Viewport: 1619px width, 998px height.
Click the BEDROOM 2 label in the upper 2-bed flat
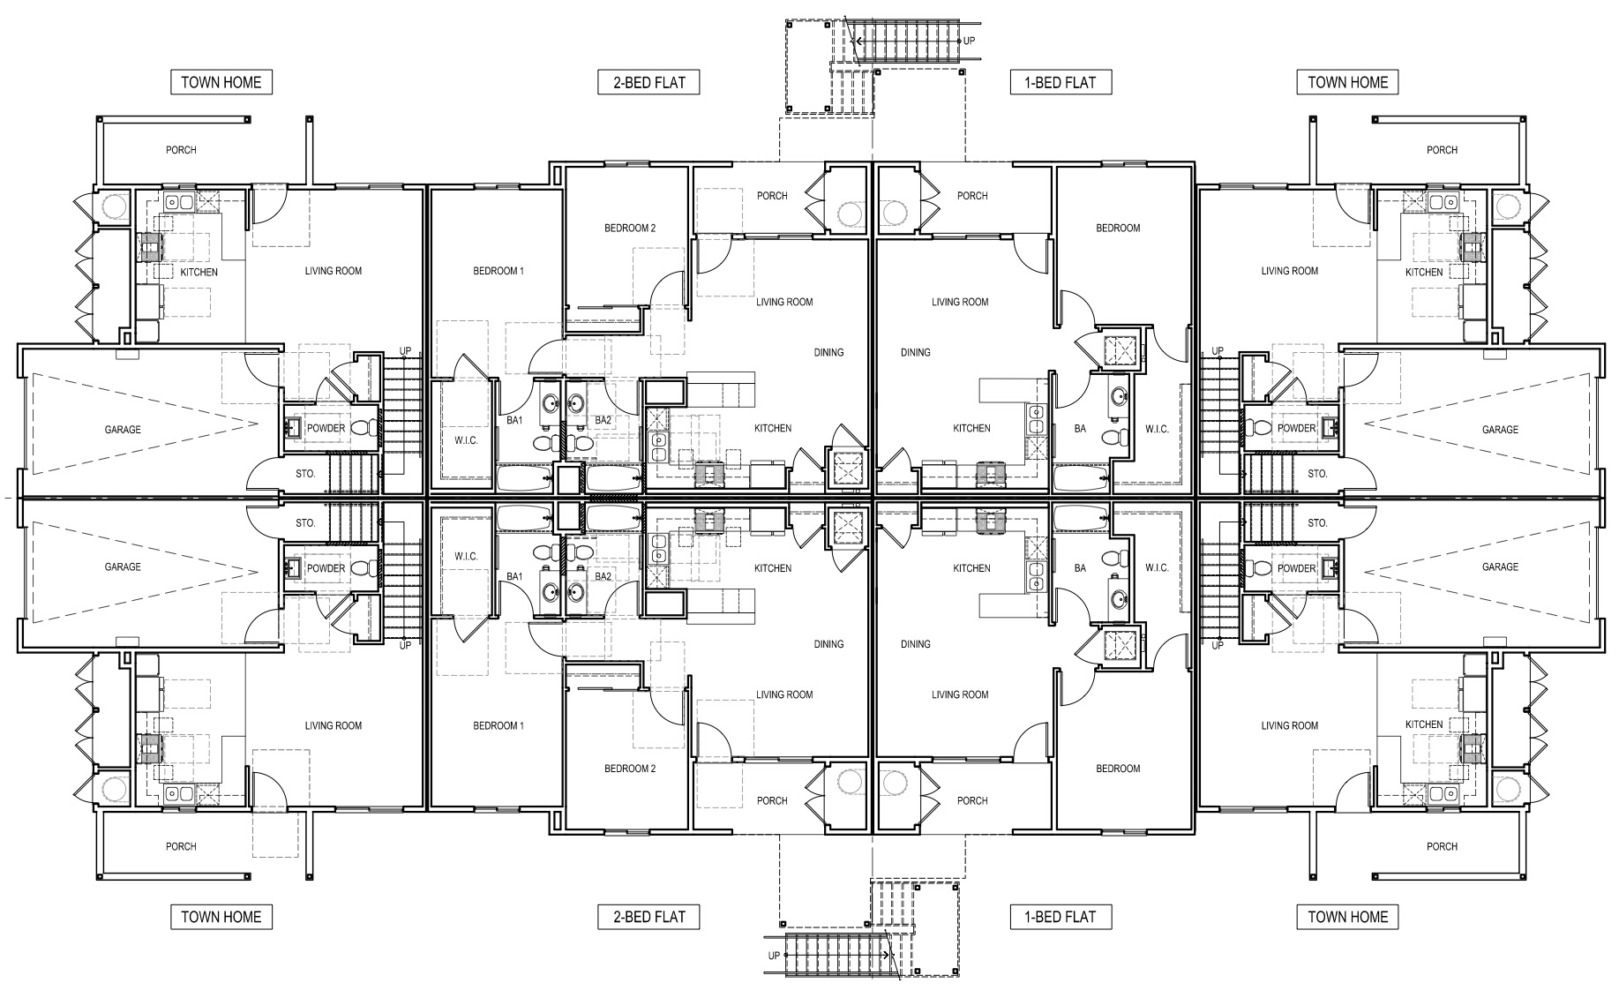[x=630, y=228]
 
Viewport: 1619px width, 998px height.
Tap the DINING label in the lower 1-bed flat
[x=916, y=644]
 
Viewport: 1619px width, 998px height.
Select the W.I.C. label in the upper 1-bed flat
[x=1157, y=430]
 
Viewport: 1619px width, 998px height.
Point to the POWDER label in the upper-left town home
[x=326, y=429]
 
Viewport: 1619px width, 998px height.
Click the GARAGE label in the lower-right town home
[x=1500, y=567]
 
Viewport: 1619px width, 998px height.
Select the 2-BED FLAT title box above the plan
[x=649, y=82]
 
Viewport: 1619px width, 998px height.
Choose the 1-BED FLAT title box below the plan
[x=1061, y=917]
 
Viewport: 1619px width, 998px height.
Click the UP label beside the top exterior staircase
[x=969, y=41]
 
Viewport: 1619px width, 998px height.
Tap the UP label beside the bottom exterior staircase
[x=774, y=956]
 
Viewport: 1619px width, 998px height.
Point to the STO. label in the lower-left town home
[x=305, y=523]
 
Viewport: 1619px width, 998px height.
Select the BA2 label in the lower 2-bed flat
[x=603, y=577]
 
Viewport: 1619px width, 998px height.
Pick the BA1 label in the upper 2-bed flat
[x=514, y=421]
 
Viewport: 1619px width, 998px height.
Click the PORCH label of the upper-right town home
[x=1443, y=150]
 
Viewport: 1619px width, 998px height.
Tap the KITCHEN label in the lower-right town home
[x=1424, y=724]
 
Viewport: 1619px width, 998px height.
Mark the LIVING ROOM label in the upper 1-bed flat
[x=960, y=302]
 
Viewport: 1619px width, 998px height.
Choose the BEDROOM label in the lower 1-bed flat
[x=1118, y=769]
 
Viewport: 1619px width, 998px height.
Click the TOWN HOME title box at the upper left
[x=221, y=82]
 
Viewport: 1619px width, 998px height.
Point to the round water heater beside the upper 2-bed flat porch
[x=849, y=214]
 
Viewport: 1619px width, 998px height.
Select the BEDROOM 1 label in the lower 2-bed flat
[x=498, y=726]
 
